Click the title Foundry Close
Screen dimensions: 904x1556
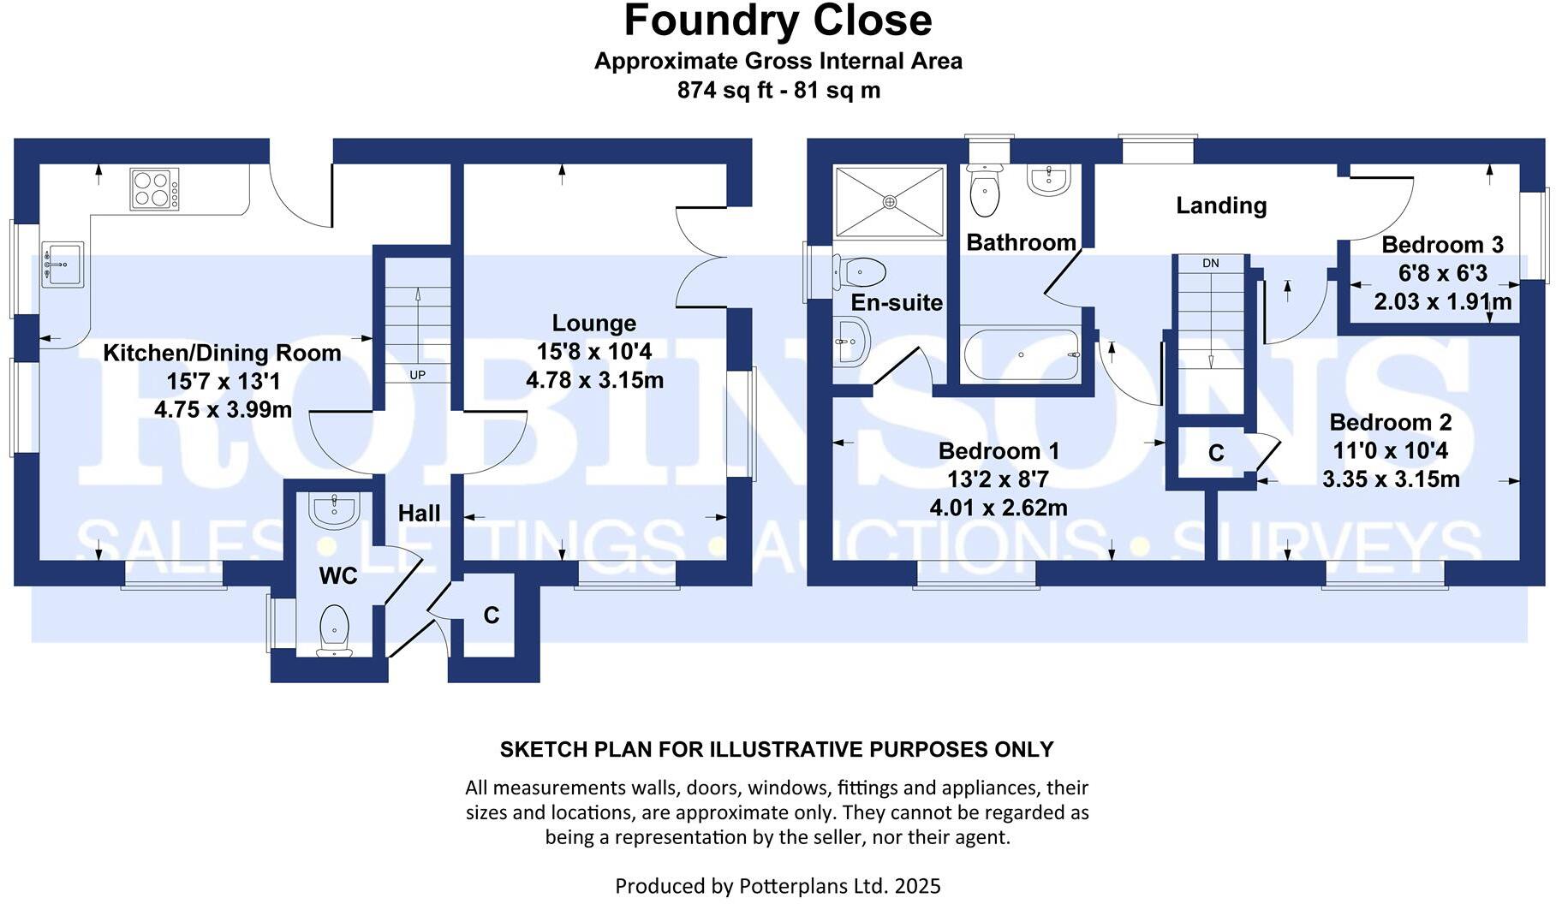coord(778,21)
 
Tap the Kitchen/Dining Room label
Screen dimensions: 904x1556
coord(222,353)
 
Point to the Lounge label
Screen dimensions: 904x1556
coord(593,324)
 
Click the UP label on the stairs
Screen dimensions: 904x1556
coord(417,375)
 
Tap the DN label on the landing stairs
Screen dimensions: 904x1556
coord(1210,263)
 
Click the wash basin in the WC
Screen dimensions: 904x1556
coord(333,511)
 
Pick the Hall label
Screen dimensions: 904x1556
coord(419,514)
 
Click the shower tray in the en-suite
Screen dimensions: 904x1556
coord(890,201)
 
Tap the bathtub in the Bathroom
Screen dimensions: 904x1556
coord(1020,354)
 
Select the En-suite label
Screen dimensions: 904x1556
coord(896,302)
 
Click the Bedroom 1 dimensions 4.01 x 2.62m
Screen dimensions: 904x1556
coord(999,508)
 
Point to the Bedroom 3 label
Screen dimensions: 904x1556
coord(1442,245)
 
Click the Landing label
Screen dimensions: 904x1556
coord(1220,205)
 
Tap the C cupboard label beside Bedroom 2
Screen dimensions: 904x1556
coord(1216,453)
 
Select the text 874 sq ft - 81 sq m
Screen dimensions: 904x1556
coord(778,90)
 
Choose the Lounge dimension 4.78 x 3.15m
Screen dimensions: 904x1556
coord(594,380)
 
